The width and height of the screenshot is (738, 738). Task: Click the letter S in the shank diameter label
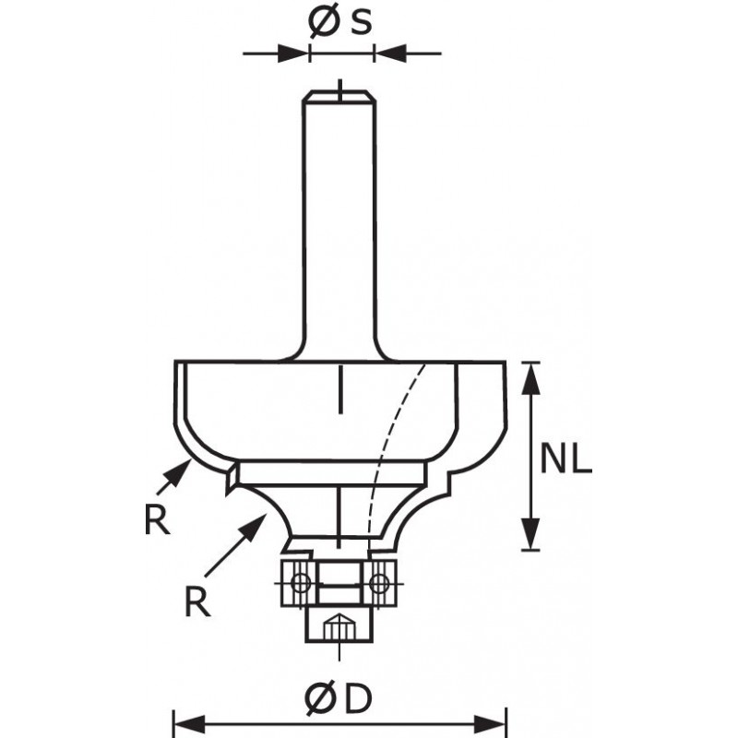[x=361, y=21]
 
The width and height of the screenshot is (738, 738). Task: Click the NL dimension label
[x=565, y=458]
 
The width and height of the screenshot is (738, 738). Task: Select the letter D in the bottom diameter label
[x=357, y=699]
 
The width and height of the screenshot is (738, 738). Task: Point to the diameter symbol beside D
[x=321, y=700]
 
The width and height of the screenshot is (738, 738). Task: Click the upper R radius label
[x=157, y=520]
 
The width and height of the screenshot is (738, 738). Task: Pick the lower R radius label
[x=197, y=602]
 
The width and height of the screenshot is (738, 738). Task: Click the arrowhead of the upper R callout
[x=181, y=472]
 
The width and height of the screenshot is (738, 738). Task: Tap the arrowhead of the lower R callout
[x=255, y=526]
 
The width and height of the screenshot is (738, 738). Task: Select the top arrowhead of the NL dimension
[x=530, y=377]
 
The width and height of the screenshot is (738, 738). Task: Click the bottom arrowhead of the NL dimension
[x=530, y=533]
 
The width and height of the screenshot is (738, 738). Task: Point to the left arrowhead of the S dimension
[x=293, y=54]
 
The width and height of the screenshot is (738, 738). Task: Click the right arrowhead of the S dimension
[x=390, y=54]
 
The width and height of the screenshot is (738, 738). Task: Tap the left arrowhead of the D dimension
[x=190, y=723]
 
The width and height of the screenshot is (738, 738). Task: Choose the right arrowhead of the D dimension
[x=490, y=723]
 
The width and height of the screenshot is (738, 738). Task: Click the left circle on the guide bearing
[x=300, y=584]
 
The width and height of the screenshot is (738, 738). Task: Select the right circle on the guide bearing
[x=379, y=584]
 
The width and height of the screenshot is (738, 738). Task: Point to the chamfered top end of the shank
[x=339, y=96]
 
